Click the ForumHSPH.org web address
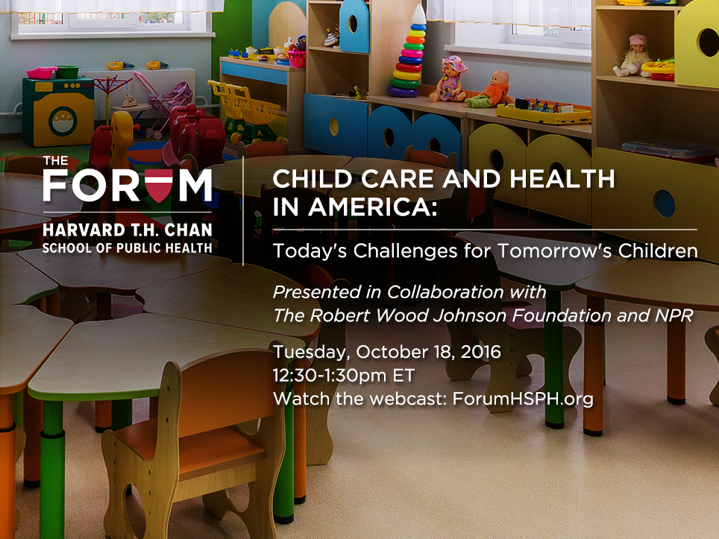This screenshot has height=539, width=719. click(x=523, y=399)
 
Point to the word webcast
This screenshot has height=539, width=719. click(x=409, y=399)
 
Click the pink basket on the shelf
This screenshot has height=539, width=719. click(x=298, y=58)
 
